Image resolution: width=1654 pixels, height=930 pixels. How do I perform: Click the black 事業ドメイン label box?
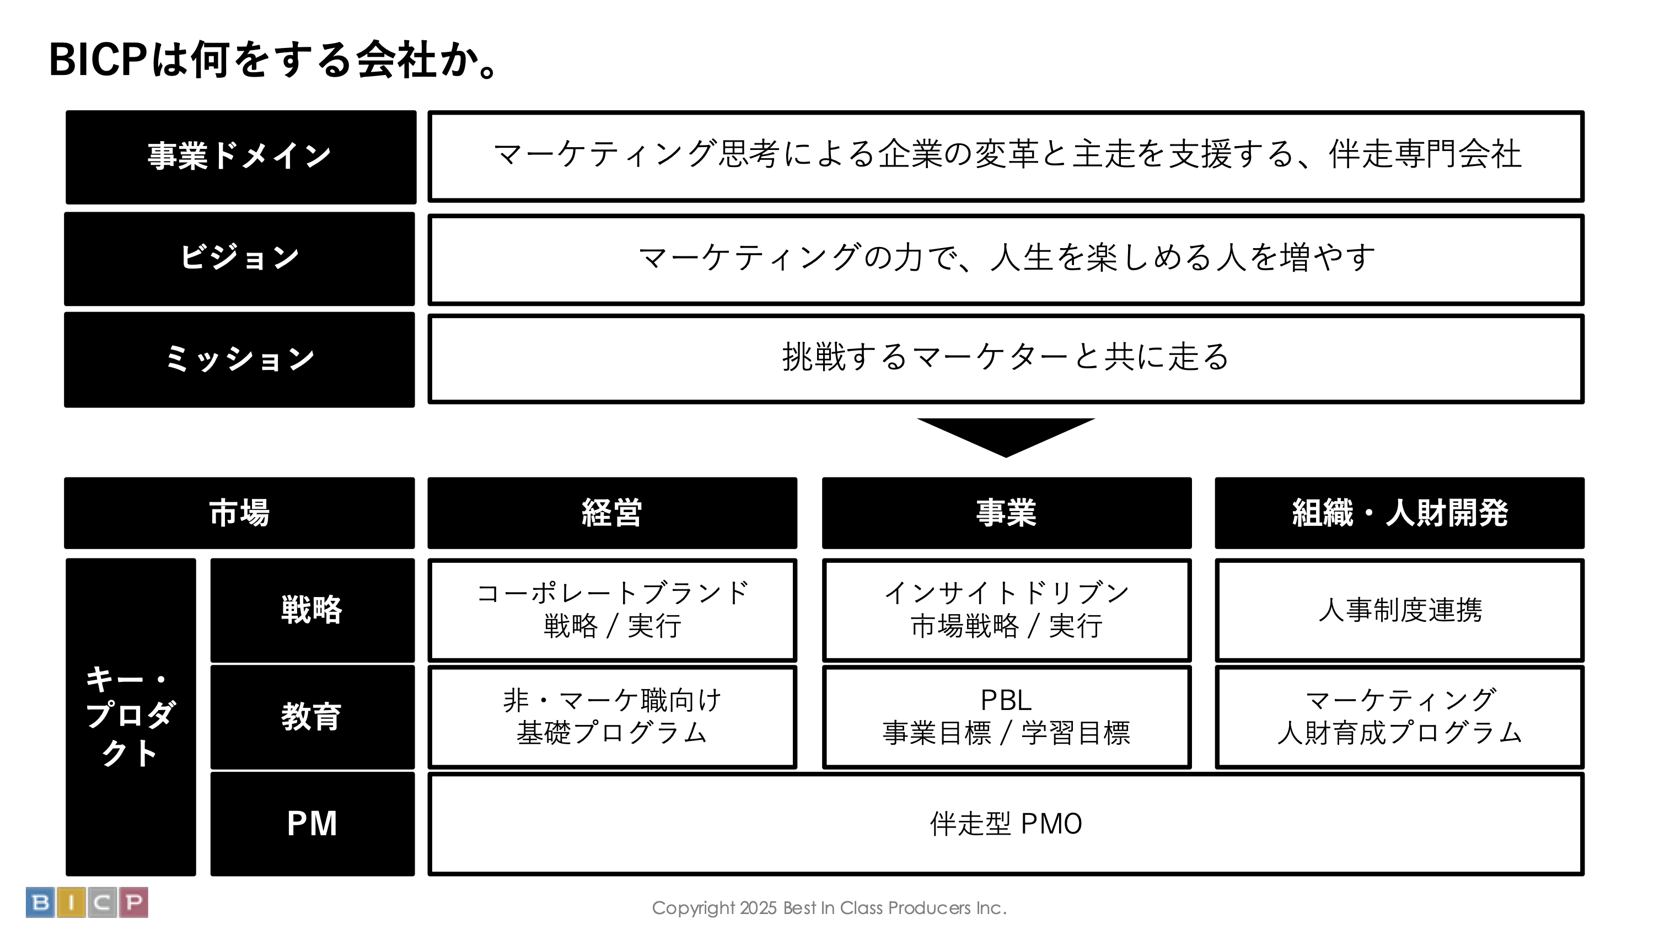click(x=240, y=157)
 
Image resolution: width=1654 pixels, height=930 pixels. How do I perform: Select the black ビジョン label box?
click(x=239, y=259)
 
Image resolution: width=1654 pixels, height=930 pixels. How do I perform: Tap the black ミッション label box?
click(x=239, y=359)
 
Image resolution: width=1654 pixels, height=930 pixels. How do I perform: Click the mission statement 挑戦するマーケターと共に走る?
click(x=1006, y=357)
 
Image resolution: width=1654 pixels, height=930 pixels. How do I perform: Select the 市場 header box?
click(x=239, y=513)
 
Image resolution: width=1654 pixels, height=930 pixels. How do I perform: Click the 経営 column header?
click(x=612, y=513)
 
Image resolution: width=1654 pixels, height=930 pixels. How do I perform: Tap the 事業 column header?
click(x=1006, y=513)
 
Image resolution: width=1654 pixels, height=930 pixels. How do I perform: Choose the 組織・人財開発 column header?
click(x=1399, y=513)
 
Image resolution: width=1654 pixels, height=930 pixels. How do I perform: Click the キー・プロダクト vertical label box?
click(x=130, y=716)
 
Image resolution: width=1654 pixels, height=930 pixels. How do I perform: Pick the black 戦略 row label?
click(x=312, y=610)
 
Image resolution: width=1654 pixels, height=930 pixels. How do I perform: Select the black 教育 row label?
click(x=312, y=717)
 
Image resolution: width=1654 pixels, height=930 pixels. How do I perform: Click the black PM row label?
click(x=312, y=824)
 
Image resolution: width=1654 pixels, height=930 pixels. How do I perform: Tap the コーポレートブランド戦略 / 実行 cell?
click(x=612, y=610)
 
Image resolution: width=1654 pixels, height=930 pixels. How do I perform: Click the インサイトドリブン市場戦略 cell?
click(x=1006, y=610)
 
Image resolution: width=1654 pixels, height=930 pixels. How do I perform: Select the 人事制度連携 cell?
click(x=1399, y=610)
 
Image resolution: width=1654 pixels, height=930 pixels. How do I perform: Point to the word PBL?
click(x=1006, y=700)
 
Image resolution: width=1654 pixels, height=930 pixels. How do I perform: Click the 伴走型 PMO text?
click(x=1006, y=824)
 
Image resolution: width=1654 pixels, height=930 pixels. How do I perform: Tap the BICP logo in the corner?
click(x=87, y=902)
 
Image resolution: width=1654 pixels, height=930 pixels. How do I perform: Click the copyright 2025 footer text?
click(x=828, y=908)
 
